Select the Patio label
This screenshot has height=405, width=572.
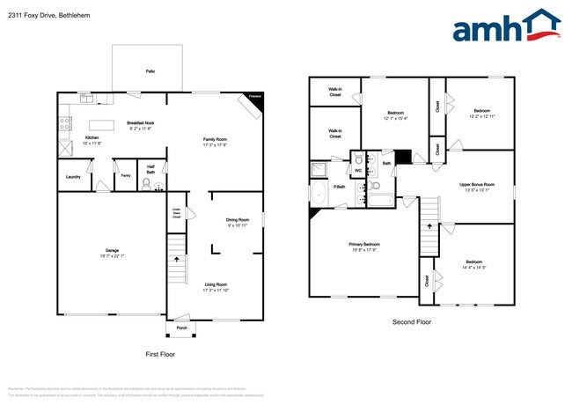tap(150, 70)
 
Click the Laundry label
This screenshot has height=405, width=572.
tap(73, 177)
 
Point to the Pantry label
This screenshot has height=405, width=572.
tap(126, 176)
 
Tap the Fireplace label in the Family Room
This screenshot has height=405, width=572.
tap(255, 96)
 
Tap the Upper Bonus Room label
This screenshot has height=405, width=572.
tap(477, 184)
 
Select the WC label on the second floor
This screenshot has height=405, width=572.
tap(358, 171)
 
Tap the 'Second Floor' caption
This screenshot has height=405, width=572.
tap(412, 322)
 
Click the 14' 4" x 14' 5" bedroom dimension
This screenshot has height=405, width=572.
tap(473, 268)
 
